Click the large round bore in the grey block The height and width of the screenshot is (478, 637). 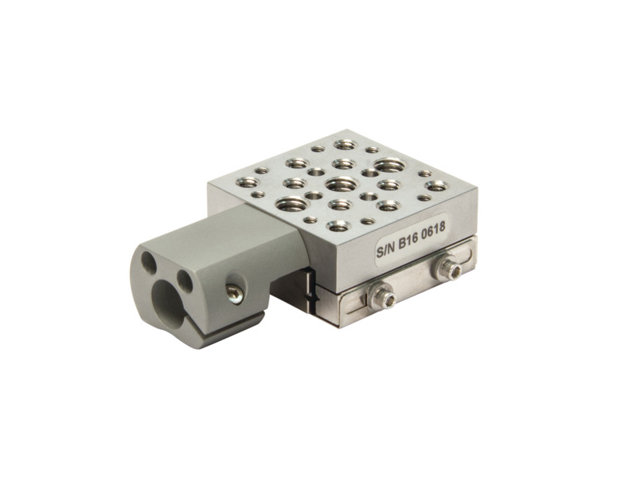pyautogui.click(x=168, y=301)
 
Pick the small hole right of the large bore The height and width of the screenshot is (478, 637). pyautogui.click(x=186, y=280)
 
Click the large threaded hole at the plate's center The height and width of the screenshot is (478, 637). pyautogui.click(x=341, y=184)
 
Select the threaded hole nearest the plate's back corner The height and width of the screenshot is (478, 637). pyautogui.click(x=345, y=145)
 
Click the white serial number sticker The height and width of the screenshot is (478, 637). pyautogui.click(x=410, y=241)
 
